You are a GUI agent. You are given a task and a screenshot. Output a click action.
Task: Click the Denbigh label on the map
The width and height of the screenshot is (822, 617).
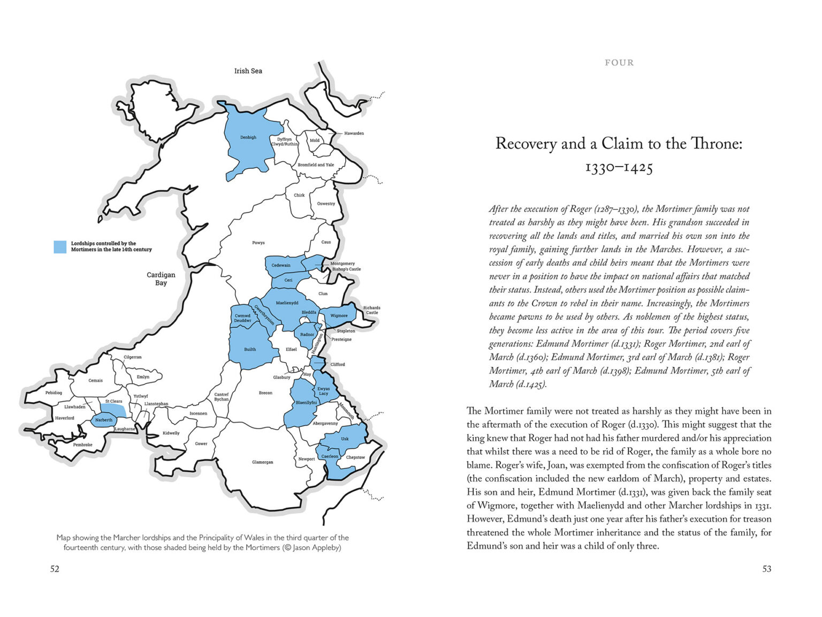248,137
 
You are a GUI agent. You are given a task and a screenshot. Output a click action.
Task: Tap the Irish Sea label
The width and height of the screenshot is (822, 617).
248,71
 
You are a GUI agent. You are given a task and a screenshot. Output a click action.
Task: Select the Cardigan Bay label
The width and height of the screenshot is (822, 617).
161,279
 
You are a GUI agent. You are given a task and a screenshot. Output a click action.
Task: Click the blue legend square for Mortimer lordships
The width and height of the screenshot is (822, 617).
60,246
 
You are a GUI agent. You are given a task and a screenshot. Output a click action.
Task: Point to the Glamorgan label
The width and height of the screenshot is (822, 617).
263,462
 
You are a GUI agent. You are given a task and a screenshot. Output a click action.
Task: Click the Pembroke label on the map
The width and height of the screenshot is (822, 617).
83,445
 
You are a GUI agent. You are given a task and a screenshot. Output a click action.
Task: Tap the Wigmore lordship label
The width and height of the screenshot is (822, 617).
339,315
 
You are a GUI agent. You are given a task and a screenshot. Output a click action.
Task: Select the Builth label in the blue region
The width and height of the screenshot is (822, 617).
250,349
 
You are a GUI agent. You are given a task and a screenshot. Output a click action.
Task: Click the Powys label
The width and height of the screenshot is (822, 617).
258,243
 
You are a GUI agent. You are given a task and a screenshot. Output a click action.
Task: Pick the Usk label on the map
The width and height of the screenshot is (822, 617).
345,439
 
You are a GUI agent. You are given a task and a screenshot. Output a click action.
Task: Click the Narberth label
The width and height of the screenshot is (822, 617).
104,420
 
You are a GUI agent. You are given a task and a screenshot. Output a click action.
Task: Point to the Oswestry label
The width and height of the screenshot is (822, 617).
326,204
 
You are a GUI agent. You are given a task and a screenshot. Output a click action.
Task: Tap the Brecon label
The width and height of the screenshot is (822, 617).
265,393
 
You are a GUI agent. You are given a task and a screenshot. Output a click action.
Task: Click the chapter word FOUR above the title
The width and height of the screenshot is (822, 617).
619,63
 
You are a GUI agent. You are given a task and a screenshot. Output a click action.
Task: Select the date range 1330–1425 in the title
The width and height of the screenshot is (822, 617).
619,168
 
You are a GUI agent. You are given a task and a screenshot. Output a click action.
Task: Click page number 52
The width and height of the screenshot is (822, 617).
55,569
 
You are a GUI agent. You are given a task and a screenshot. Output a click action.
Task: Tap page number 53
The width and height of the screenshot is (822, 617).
767,569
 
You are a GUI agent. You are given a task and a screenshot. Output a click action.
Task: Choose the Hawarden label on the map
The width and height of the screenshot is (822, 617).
354,133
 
